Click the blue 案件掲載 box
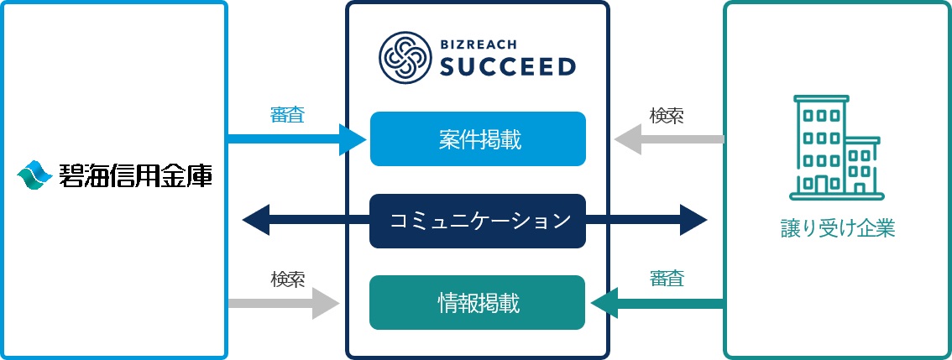coord(478,138)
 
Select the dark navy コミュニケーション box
coord(478,221)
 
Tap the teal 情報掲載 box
coord(478,302)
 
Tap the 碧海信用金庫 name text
coord(134,176)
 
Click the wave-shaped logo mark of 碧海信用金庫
coord(34,175)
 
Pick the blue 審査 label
coord(287,115)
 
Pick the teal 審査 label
coord(667,279)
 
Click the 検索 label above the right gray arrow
coord(667,115)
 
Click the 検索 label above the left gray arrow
coord(287,279)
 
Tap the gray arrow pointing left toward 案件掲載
coord(667,138)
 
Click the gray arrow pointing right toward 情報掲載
coord(285,302)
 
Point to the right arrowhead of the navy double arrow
coord(693,221)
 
